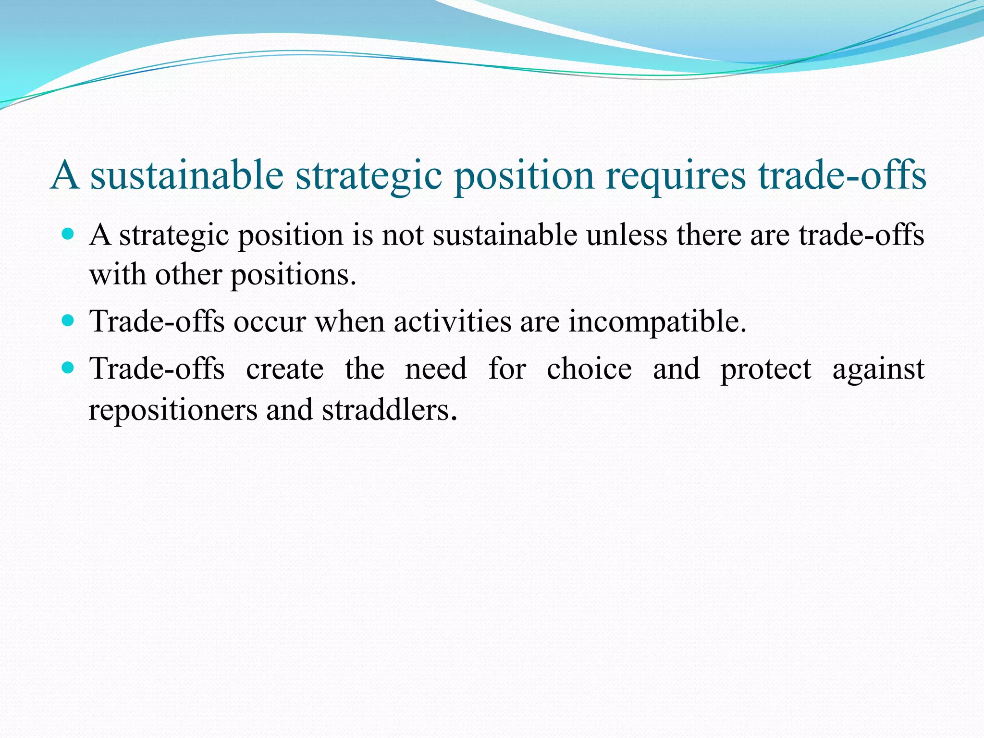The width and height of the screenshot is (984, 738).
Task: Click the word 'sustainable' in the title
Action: tap(187, 175)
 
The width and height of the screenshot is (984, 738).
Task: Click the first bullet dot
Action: tap(69, 234)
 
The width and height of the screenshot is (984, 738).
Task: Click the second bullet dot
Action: tap(69, 320)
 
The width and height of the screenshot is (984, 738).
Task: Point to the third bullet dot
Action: tap(69, 369)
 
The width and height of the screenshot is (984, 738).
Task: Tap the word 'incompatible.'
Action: tap(657, 321)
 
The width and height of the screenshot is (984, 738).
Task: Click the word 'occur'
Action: tap(270, 321)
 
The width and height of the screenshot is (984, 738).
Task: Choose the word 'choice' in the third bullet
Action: tap(589, 369)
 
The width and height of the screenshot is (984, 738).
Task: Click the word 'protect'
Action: tap(765, 369)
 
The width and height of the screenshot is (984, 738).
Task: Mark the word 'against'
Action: tap(878, 369)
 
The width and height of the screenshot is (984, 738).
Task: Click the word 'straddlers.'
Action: tap(389, 410)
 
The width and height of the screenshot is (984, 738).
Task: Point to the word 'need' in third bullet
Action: tap(436, 369)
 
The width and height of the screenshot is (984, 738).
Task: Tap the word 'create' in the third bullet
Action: tap(285, 369)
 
